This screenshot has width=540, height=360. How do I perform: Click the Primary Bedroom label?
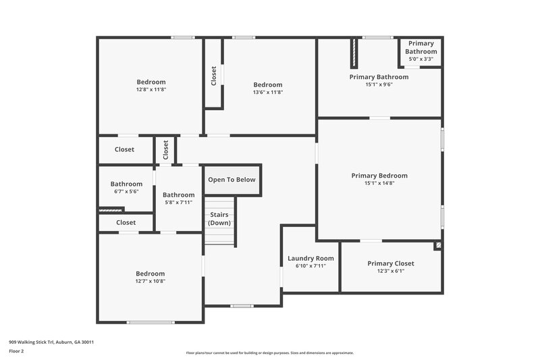[x=379, y=176]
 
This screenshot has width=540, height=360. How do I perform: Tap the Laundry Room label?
[x=310, y=258]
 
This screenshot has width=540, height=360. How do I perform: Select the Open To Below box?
[x=232, y=180]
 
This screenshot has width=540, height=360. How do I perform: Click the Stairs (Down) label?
[x=219, y=219]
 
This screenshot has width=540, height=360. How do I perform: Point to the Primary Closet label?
[x=391, y=263]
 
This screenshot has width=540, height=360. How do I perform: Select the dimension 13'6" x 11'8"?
[x=267, y=93]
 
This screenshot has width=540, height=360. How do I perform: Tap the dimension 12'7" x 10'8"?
[x=151, y=281]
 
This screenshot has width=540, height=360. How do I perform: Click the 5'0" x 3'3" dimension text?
[x=420, y=59]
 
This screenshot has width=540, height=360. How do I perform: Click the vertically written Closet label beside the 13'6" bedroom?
[x=214, y=75]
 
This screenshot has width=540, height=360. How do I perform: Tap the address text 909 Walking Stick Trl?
[x=51, y=342]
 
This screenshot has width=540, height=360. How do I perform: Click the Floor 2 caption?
[x=17, y=351]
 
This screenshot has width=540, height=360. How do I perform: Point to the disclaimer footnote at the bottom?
[x=269, y=353]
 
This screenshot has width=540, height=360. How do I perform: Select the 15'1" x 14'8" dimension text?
[x=379, y=183]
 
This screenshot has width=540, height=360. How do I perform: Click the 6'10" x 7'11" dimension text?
[x=310, y=265]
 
